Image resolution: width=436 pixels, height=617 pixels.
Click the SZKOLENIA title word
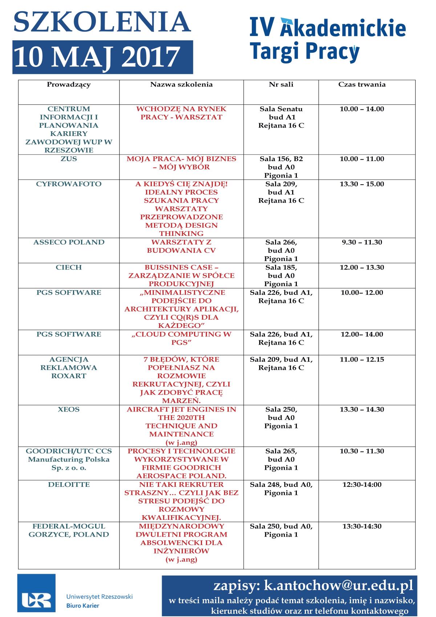tap(102, 23)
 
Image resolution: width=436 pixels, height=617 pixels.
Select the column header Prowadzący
tap(69, 84)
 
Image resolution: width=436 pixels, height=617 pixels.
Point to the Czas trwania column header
tap(362, 84)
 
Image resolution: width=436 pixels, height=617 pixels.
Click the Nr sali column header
tap(281, 84)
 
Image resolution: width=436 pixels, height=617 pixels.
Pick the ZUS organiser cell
tap(69, 159)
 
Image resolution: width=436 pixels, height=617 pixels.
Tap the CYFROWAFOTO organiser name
tap(69, 184)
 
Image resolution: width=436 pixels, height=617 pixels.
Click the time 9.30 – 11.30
tap(362, 242)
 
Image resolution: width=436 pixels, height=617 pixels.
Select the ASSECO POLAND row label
tap(69, 242)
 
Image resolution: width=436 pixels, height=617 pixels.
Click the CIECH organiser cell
tap(69, 267)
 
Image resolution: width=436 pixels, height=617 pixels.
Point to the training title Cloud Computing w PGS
tap(181, 338)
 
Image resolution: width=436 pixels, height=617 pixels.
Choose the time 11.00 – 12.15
tap(362, 360)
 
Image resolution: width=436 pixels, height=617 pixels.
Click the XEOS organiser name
tap(69, 409)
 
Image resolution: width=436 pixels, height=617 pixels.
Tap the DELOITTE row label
tap(69, 485)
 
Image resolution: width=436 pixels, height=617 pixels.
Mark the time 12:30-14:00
tap(362, 485)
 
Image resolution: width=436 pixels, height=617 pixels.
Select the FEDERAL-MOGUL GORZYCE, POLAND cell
tap(69, 530)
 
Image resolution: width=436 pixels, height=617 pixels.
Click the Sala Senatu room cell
tap(281, 117)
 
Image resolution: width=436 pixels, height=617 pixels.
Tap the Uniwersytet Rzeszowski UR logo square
tap(36, 593)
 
